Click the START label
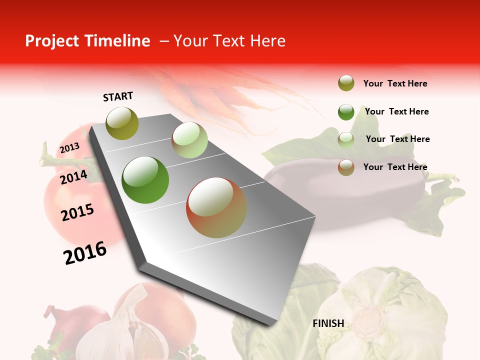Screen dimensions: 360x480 click(118, 96)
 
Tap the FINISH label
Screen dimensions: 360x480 click(328, 323)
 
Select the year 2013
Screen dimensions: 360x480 click(69, 148)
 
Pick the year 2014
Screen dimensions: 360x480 click(73, 177)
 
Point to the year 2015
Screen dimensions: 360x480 click(77, 212)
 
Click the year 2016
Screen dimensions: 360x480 click(85, 252)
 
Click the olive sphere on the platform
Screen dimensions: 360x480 click(122, 123)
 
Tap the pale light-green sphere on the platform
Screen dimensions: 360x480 click(189, 140)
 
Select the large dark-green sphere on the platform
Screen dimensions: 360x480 click(145, 180)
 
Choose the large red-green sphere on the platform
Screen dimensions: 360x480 click(216, 207)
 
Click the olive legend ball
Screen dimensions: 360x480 click(346, 83)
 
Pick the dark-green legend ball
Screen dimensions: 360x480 click(346, 112)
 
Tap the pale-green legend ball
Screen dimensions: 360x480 click(346, 140)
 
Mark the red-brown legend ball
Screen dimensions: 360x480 click(346, 167)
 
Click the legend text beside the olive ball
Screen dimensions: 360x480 click(395, 83)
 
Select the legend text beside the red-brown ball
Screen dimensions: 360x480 click(395, 167)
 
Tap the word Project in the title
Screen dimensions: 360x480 click(52, 41)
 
